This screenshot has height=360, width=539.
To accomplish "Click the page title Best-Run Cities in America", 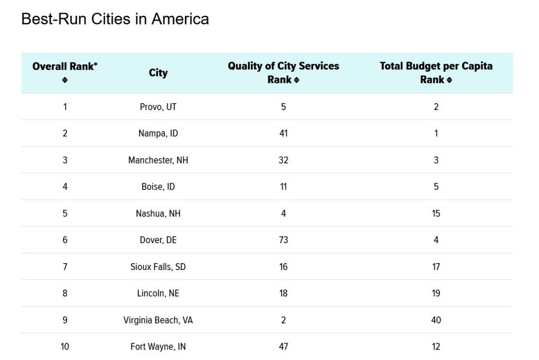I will (115, 19).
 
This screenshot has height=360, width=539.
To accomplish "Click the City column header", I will (158, 73).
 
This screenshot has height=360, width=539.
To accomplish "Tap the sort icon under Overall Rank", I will (65, 80).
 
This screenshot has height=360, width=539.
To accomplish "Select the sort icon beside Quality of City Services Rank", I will (297, 80).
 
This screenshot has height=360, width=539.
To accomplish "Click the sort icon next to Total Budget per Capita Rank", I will (449, 80).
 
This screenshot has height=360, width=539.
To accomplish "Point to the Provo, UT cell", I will (158, 107).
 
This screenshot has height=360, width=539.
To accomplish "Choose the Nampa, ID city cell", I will (158, 133).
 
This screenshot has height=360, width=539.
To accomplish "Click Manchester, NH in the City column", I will (158, 160).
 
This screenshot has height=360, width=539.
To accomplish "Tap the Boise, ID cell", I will (158, 187).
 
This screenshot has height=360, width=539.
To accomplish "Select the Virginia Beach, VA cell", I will (158, 320).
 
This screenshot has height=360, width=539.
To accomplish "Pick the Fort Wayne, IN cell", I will (158, 347).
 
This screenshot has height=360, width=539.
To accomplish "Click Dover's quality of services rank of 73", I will (283, 240).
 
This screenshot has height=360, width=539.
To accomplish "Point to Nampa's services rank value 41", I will (283, 133).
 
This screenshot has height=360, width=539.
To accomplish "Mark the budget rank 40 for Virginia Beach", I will (436, 320).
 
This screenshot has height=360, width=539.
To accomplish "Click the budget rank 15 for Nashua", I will (436, 213).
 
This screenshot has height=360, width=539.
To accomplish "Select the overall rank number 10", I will (65, 347).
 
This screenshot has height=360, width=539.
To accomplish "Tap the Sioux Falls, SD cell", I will (158, 267).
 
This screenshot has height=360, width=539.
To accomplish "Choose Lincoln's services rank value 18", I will (283, 293).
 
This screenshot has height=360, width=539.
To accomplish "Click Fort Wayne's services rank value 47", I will (283, 347).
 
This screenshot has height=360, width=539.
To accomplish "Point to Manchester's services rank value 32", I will (283, 160).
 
